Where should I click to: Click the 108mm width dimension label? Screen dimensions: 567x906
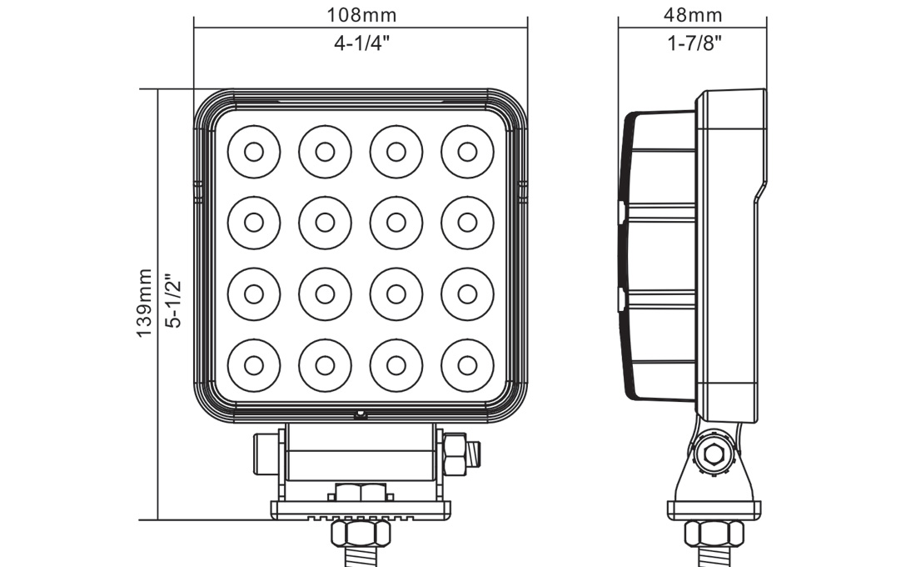point(361,15)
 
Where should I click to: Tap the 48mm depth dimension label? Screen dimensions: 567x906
point(693,15)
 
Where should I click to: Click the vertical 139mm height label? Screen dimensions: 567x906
point(145,302)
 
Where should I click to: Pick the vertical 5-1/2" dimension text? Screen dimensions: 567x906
point(173,302)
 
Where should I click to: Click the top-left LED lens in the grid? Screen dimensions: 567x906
point(254,151)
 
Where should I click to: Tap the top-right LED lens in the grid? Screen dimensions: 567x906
point(467,151)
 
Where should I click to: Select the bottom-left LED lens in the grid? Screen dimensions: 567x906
point(254,364)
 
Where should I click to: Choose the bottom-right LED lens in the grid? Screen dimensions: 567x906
point(467,364)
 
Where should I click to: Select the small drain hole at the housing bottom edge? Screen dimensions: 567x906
point(361,413)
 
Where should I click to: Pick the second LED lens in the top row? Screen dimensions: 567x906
point(325,151)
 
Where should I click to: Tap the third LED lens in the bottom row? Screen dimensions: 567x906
point(396,364)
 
